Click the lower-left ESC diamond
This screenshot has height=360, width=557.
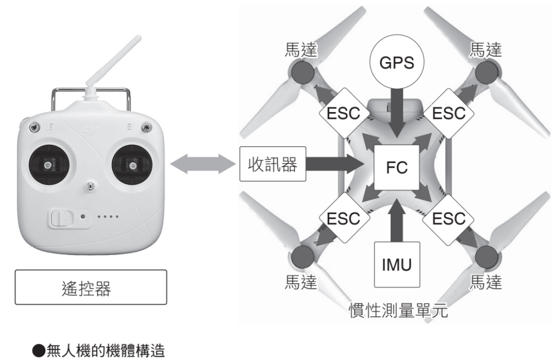click(x=342, y=218)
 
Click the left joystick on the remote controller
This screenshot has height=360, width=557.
click(x=49, y=165)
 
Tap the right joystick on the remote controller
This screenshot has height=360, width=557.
click(x=132, y=165)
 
